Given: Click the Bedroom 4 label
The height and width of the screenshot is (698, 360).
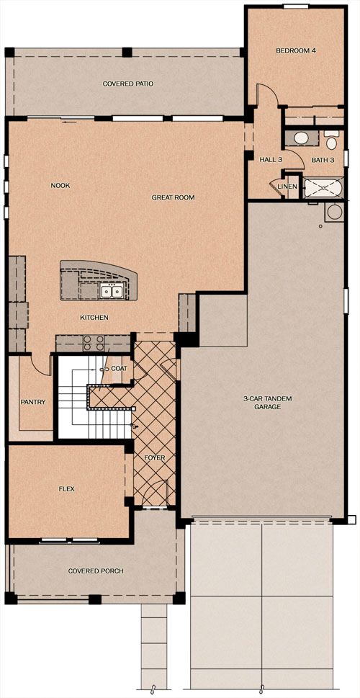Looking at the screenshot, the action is pos(296,50).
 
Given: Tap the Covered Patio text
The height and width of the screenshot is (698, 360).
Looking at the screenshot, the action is pos(128,84).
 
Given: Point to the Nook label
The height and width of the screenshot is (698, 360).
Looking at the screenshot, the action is pos(60,186).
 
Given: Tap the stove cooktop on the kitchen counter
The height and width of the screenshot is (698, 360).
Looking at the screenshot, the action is pos(94,343).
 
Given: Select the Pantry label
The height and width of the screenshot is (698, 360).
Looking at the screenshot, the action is pos(33,402).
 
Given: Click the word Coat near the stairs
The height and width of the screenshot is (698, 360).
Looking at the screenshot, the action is pos(120,369).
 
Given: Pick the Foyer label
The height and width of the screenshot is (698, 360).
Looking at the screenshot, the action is pos(155,457).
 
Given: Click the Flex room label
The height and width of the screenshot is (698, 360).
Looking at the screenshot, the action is pos(67,489).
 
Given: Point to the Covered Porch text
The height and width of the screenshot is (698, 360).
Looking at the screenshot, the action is pos(96,571).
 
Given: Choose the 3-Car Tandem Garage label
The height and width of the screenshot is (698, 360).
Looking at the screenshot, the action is pos(261,403).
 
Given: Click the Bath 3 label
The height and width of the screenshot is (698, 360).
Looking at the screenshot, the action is pos(323,160).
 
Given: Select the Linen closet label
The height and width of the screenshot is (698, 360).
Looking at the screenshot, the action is pos(287,186).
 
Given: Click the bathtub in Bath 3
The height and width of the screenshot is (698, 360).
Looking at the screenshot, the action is pos(323,188).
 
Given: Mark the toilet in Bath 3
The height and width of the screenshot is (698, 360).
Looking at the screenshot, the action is pos(331,140).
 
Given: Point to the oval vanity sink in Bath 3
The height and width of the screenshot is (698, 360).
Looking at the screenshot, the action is pos(301,138).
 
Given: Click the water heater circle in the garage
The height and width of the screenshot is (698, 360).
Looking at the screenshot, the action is pos(334,212).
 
